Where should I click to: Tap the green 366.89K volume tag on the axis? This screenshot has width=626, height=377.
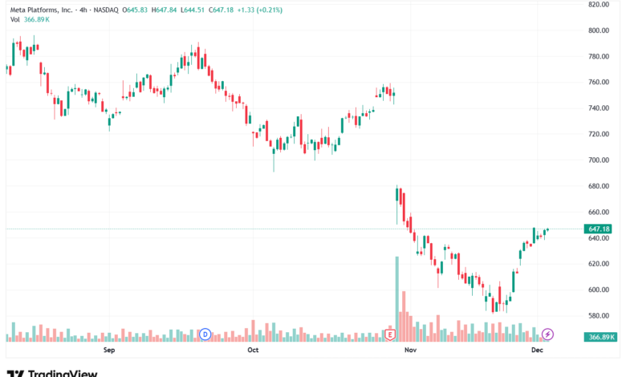602,338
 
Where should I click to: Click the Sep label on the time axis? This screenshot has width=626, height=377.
110,351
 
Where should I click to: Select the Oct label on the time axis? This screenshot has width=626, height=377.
253,351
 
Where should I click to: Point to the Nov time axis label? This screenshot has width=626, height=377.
410,351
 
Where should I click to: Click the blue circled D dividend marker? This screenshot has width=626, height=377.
205,334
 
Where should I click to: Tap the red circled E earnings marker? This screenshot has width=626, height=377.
391,334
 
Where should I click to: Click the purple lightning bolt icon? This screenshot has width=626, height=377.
548,334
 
